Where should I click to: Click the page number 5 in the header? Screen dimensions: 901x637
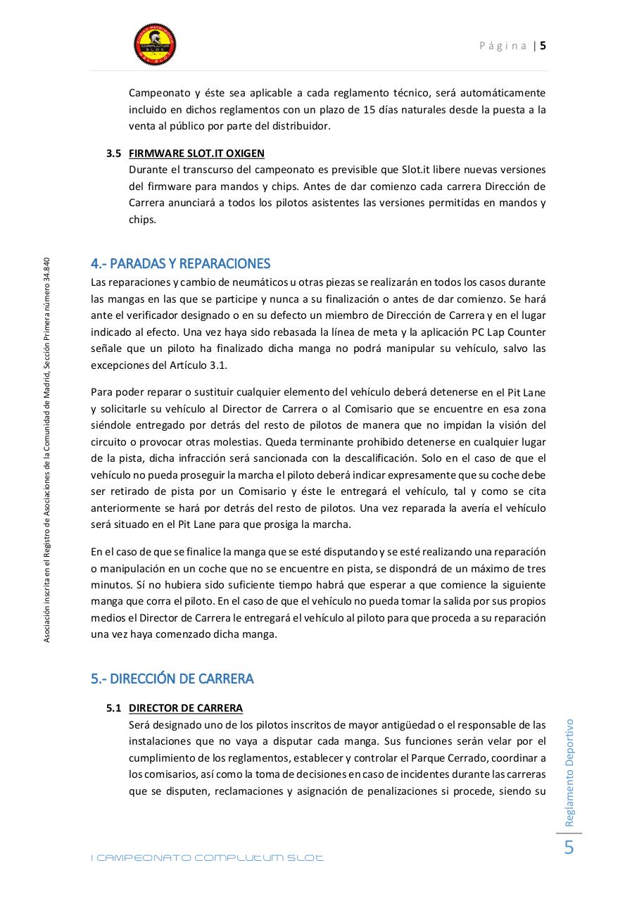click(x=543, y=46)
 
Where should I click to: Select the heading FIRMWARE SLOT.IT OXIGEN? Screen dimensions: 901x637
click(x=196, y=153)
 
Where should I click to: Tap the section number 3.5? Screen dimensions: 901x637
click(x=114, y=153)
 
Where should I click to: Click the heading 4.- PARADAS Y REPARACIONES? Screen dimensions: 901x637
click(x=180, y=264)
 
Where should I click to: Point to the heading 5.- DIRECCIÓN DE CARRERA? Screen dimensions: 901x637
click(x=172, y=679)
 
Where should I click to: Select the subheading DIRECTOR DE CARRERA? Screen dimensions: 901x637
click(x=186, y=708)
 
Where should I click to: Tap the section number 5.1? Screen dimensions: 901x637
click(x=114, y=708)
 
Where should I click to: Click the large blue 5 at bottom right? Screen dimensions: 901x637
click(x=569, y=848)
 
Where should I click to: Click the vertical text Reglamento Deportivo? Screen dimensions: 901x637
click(x=569, y=772)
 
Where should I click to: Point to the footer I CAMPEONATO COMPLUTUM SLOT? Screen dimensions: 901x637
click(x=208, y=858)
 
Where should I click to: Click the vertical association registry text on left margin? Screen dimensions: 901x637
click(x=46, y=449)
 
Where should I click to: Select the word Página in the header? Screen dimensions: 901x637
click(x=503, y=46)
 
